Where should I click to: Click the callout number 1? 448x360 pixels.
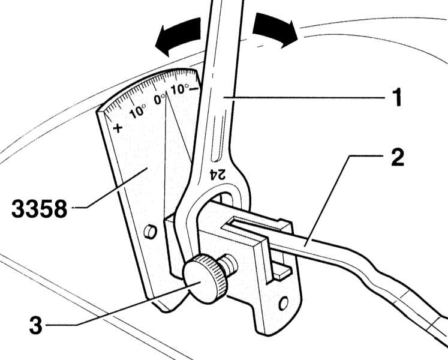[x=396, y=97]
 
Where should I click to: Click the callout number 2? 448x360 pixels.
[x=398, y=157]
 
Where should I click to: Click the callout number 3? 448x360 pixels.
[x=36, y=325]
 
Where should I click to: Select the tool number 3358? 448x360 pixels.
[x=40, y=208]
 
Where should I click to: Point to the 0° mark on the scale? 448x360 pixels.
[x=160, y=98]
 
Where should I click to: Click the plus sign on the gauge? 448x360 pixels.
[x=118, y=128]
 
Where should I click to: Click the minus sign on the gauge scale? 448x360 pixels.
[x=194, y=89]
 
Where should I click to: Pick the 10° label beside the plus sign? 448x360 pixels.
[x=137, y=111]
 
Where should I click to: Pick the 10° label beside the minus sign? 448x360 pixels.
[x=179, y=89]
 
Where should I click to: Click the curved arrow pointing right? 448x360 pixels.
[x=275, y=29]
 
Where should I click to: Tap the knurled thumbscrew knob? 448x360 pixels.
[x=205, y=278]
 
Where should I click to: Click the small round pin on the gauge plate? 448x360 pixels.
[x=151, y=231]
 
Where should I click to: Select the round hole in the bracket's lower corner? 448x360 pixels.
[x=283, y=304]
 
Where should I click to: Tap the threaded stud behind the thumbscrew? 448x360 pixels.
[x=230, y=263]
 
